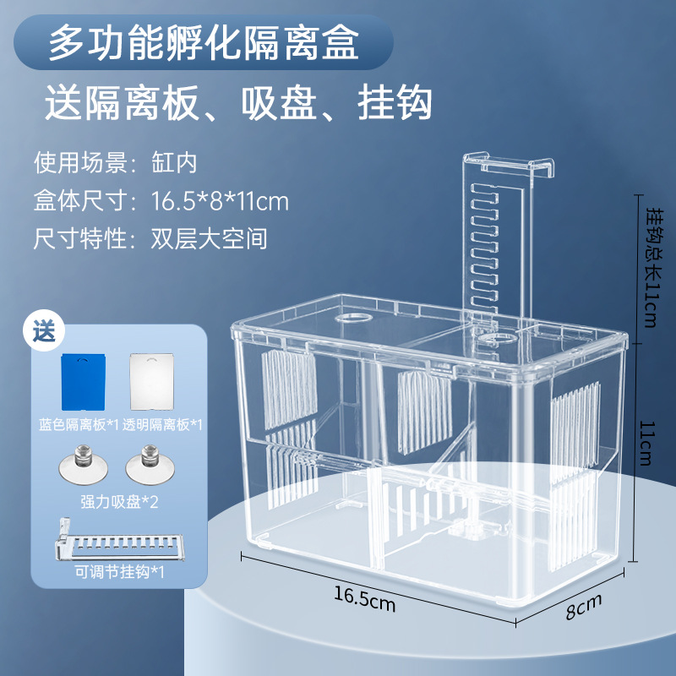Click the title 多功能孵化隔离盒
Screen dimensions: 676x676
[203, 42]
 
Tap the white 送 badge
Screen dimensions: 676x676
[43, 330]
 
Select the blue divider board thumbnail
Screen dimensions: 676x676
[85, 379]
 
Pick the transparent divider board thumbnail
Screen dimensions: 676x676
[151, 379]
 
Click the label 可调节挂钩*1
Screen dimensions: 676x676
[118, 572]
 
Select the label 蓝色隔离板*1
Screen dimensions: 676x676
[80, 425]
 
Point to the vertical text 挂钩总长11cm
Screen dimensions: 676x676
[651, 267]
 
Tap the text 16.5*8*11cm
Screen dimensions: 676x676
[220, 201]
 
